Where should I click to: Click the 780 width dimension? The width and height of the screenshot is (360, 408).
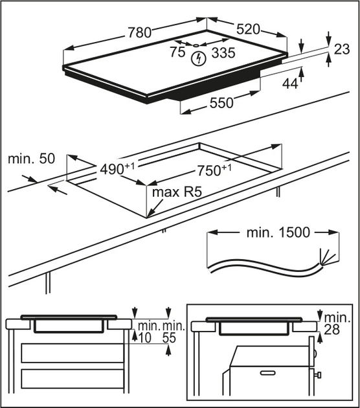point(139,32)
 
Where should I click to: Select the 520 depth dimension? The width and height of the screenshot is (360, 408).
point(248,29)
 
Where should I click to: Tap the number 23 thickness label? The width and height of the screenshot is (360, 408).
point(341,49)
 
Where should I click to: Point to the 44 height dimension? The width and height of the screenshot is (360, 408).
point(290,84)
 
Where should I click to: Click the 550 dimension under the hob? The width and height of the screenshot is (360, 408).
point(221,102)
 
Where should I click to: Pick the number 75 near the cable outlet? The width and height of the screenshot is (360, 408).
point(177,52)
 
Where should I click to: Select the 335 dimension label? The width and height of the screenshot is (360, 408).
point(223,52)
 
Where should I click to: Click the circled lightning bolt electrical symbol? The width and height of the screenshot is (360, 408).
point(199,59)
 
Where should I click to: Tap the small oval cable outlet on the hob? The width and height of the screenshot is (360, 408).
point(196,45)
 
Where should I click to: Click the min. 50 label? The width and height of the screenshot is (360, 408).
point(32,159)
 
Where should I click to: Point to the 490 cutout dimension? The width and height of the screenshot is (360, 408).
point(117,168)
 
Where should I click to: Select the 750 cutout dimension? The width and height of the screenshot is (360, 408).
point(214,170)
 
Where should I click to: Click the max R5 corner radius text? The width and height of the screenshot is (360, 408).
point(177,192)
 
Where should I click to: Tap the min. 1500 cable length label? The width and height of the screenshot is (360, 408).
point(278,232)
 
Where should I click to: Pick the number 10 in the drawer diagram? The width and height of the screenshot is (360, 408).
point(145,337)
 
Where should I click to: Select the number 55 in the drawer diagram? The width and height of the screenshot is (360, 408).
point(170,337)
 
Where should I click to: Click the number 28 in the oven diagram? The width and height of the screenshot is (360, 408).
point(332,330)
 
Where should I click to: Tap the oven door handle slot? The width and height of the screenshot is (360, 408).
point(268,373)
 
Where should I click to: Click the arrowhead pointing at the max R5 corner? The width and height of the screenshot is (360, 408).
point(150,213)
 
